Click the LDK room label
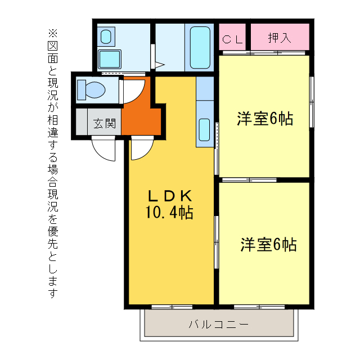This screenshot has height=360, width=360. [170, 196]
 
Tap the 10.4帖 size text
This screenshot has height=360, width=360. [170, 213]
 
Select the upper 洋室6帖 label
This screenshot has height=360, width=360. [264, 119]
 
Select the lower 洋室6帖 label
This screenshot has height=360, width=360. [268, 245]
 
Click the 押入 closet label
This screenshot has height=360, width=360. [280, 38]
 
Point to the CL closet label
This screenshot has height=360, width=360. [233, 39]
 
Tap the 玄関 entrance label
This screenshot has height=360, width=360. [105, 123]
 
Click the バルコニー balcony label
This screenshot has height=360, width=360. [218, 325]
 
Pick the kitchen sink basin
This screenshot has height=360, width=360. [204, 130]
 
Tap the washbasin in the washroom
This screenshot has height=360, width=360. [106, 37]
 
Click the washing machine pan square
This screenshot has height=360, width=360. [110, 59]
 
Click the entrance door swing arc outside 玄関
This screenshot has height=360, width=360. [103, 148]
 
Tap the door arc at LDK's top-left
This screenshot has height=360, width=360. [141, 150]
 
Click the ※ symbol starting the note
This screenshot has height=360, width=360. [53, 32]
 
